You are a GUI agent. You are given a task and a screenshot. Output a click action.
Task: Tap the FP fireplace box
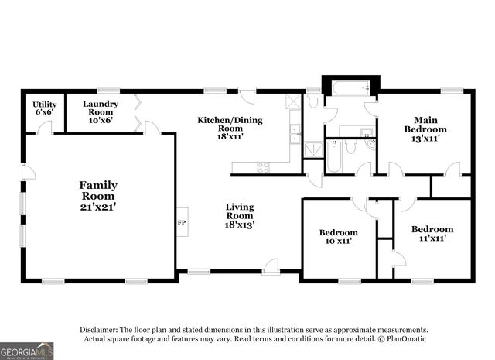pyautogui.click(x=183, y=222)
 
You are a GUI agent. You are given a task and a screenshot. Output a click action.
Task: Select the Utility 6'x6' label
pyautogui.click(x=45, y=108)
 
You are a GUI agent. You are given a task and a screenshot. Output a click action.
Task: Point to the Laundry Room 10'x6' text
pyautogui.click(x=101, y=112)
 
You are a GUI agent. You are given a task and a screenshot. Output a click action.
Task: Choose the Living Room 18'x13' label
pyautogui.click(x=240, y=216)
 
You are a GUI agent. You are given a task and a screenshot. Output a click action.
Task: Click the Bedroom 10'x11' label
pyautogui.click(x=339, y=237)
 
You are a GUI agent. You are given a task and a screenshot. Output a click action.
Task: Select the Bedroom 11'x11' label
pyautogui.click(x=432, y=233)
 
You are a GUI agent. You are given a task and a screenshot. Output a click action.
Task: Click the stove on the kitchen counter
pyautogui.click(x=263, y=167)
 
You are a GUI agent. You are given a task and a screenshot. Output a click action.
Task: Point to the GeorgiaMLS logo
pyautogui.click(x=26, y=351)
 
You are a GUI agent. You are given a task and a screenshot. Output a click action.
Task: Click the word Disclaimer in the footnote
pyautogui.click(x=99, y=330)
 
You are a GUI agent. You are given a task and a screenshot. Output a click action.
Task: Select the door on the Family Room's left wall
pyautogui.click(x=27, y=172)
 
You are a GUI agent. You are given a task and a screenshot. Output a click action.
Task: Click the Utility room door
pyautogui.click(x=45, y=129)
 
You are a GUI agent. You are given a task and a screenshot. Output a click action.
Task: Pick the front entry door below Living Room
pyautogui.click(x=271, y=266)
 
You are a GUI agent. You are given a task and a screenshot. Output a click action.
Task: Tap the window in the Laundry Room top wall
pyautogui.click(x=108, y=91)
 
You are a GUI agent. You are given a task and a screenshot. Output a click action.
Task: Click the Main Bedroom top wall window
pyautogui.click(x=452, y=91)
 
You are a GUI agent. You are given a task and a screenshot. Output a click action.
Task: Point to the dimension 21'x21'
pyautogui.click(x=98, y=207)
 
